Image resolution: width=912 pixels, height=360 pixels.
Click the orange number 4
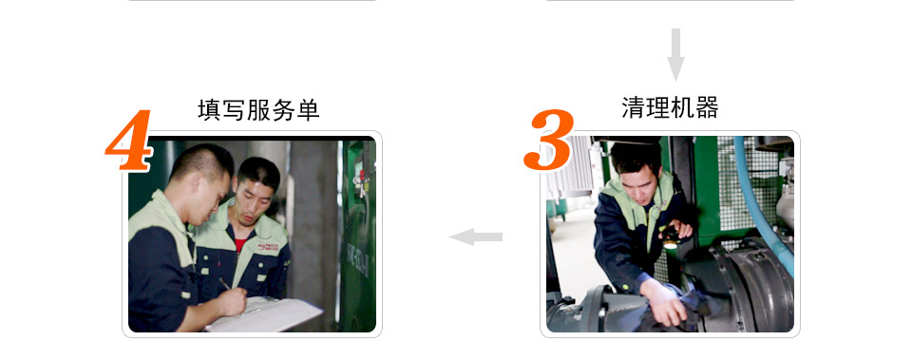pyautogui.click(x=130, y=141)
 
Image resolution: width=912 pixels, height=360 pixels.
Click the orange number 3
pyautogui.click(x=548, y=140)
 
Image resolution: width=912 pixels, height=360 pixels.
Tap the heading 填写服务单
pyautogui.click(x=258, y=110)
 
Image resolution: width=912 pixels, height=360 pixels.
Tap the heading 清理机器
pyautogui.click(x=670, y=107)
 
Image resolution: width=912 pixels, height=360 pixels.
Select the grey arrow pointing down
pyautogui.click(x=675, y=55)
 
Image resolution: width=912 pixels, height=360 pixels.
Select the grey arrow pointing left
pyautogui.click(x=476, y=237)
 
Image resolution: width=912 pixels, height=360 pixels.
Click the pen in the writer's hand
pyautogui.click(x=224, y=283)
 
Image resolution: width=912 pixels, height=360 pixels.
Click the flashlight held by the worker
pyautogui.click(x=670, y=238)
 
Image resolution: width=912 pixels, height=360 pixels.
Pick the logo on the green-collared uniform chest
pyautogui.click(x=268, y=248)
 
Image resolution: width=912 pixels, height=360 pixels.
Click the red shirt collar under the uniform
pyautogui.click(x=240, y=243)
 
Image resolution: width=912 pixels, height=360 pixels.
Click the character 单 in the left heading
pyautogui.click(x=308, y=110)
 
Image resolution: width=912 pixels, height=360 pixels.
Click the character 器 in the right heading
pyautogui.click(x=707, y=107)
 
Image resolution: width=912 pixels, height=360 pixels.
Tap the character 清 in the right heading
pyautogui.click(x=634, y=107)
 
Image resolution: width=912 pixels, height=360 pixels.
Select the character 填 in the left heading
pyautogui.click(x=209, y=110)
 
